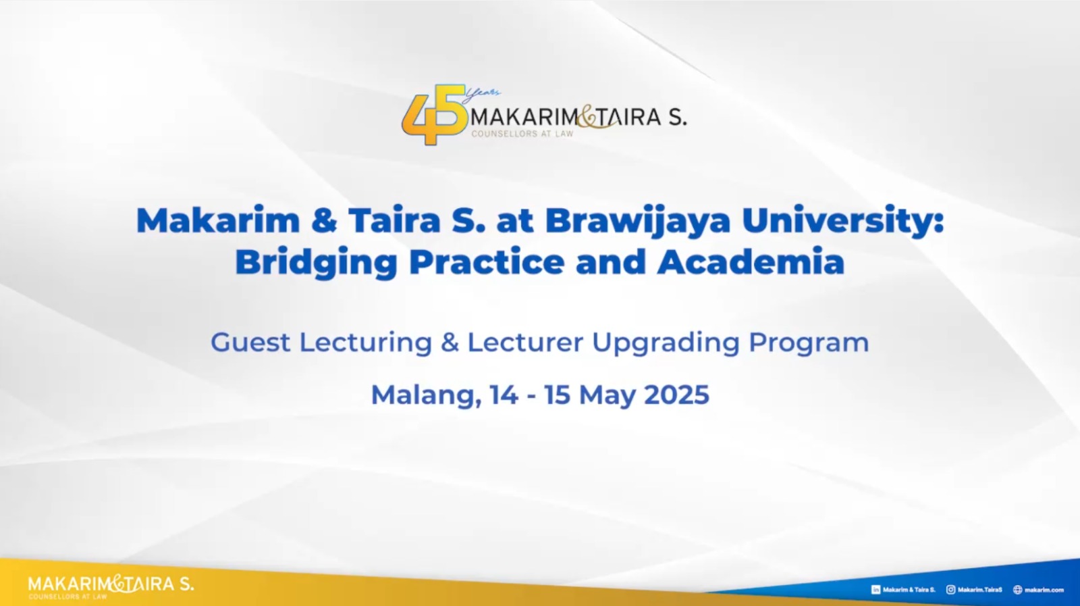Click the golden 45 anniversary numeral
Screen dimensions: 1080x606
[x=434, y=115]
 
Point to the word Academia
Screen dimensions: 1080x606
[x=751, y=262]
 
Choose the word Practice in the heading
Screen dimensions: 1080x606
[x=487, y=262]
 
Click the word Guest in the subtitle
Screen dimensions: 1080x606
[x=250, y=343]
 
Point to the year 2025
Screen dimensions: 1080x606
[x=676, y=395]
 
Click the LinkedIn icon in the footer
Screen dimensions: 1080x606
[x=875, y=590]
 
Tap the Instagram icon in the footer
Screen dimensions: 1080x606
[x=951, y=589]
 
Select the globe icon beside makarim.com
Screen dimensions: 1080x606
[x=1017, y=589]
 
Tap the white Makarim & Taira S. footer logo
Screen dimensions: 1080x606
[x=111, y=586]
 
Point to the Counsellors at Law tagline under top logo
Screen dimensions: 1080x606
[x=522, y=134]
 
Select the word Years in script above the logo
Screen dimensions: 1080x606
[x=481, y=95]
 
